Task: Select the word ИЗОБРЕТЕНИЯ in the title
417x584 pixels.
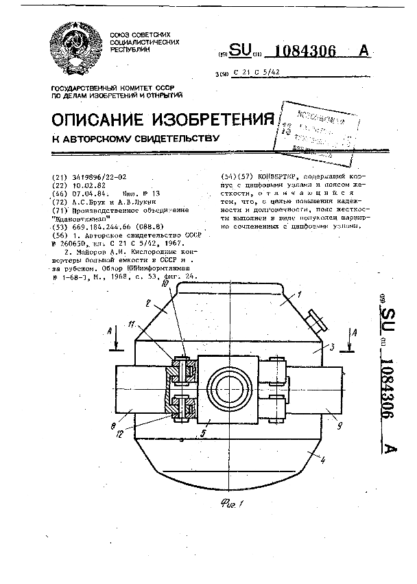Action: pyautogui.click(x=215, y=120)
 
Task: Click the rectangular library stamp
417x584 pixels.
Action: pyautogui.click(x=317, y=130)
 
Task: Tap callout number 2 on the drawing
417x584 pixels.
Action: pyautogui.click(x=148, y=303)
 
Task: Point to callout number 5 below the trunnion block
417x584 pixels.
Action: pyautogui.click(x=203, y=434)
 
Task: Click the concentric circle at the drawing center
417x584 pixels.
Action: pyautogui.click(x=229, y=390)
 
